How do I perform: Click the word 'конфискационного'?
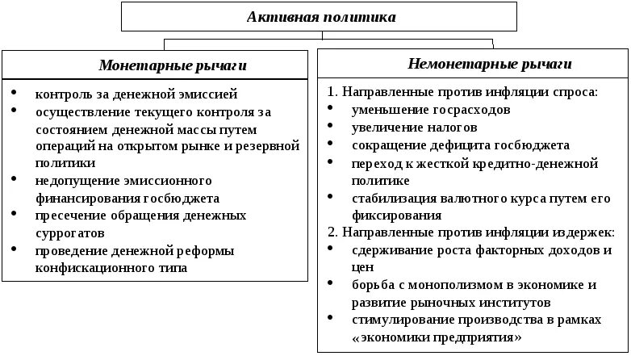coord(84,267)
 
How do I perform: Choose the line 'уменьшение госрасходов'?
coord(430,110)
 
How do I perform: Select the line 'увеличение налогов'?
coord(414,128)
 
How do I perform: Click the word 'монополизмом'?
coord(457,285)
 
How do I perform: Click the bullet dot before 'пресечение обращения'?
coord(15,215)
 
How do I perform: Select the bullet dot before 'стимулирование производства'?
coord(332,320)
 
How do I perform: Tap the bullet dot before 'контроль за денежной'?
coord(15,94)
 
